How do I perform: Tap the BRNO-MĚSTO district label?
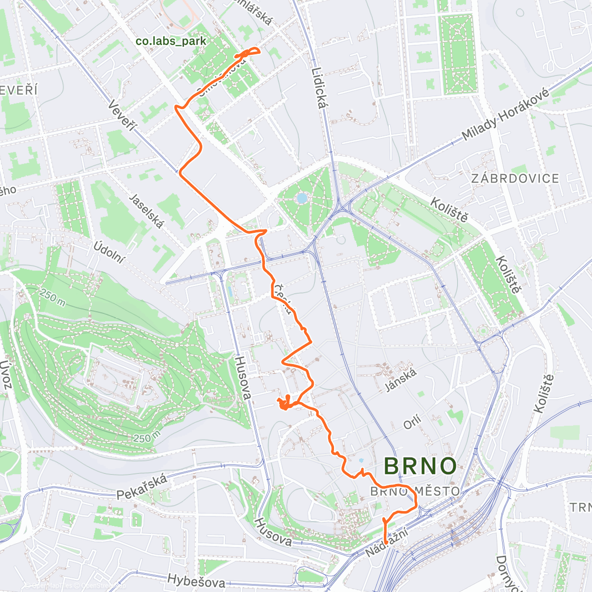click(414, 491)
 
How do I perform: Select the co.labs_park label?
click(171, 41)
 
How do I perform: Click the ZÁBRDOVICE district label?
click(515, 179)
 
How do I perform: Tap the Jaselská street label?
click(146, 211)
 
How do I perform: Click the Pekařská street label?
click(143, 487)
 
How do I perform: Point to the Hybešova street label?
click(196, 580)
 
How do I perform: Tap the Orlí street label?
click(412, 422)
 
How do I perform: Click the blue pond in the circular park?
click(300, 198)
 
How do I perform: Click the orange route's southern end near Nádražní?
click(385, 542)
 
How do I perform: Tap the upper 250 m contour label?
click(52, 298)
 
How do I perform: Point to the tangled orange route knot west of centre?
click(285, 404)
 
